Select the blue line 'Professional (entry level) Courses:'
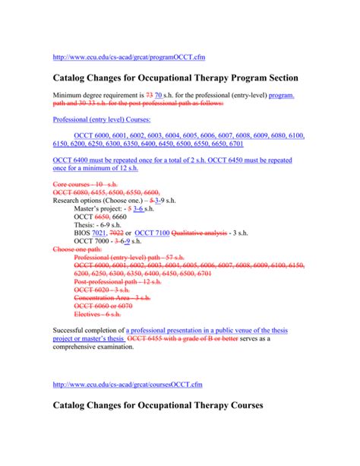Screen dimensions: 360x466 coord(100,119)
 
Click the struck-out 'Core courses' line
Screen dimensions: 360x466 coord(81,185)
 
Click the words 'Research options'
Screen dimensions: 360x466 coord(83,200)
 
